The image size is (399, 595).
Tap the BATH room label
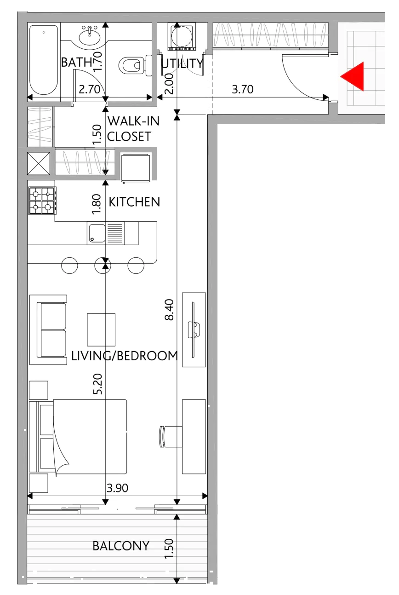(77, 63)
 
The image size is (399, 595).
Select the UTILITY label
(182, 64)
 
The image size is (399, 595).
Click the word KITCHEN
(135, 202)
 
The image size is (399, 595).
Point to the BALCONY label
(121, 546)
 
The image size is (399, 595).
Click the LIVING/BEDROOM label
(125, 356)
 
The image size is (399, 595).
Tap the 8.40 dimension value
(169, 310)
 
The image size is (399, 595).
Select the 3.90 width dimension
(117, 488)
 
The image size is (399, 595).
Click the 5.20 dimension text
(97, 384)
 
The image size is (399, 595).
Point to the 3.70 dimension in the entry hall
(243, 89)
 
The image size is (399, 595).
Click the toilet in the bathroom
(135, 65)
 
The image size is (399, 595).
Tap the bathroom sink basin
(90, 37)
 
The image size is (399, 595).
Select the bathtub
(44, 60)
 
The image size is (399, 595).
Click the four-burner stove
(42, 201)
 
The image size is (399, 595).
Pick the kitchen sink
(97, 233)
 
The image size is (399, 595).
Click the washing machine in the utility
(182, 36)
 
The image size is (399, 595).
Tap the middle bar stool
(103, 265)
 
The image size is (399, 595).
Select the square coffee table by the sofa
(101, 329)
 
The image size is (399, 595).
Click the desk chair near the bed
(171, 437)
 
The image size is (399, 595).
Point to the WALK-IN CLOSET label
(133, 128)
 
